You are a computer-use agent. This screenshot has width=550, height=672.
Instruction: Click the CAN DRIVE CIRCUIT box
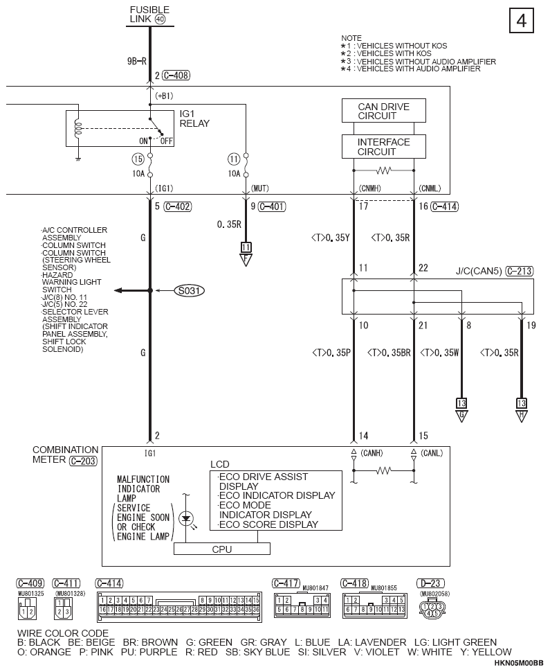point(383,111)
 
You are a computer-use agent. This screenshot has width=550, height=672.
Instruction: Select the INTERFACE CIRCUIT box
point(383,147)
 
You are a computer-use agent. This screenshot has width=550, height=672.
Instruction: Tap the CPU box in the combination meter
point(221,549)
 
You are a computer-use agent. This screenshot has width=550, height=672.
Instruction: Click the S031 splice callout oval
point(189,290)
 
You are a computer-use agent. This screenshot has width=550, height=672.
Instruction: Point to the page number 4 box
point(522,20)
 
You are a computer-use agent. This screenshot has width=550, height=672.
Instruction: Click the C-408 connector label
point(176,76)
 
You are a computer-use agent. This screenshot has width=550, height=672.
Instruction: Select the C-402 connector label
point(178,206)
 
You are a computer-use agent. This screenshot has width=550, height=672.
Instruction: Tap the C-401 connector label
point(272,206)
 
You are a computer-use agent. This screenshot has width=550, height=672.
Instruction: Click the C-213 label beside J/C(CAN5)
point(519,271)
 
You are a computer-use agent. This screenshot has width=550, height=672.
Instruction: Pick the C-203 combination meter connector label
point(84,461)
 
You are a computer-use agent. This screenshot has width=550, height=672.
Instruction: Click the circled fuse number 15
point(138,159)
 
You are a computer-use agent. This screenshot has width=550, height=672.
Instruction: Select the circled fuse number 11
point(233,159)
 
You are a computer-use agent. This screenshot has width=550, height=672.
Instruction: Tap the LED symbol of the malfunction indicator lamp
point(186,519)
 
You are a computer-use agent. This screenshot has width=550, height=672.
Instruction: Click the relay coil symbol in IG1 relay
point(78,128)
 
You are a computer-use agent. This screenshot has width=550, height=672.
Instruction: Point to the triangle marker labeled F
point(246,260)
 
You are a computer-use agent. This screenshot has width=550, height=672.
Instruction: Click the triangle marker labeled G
point(461,416)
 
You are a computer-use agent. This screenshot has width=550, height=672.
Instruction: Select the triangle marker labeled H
point(522,416)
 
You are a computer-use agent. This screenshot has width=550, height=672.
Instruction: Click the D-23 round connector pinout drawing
point(432,608)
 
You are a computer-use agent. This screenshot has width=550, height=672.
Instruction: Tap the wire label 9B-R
point(137,61)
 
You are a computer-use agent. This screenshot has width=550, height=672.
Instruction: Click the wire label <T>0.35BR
point(389,353)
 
